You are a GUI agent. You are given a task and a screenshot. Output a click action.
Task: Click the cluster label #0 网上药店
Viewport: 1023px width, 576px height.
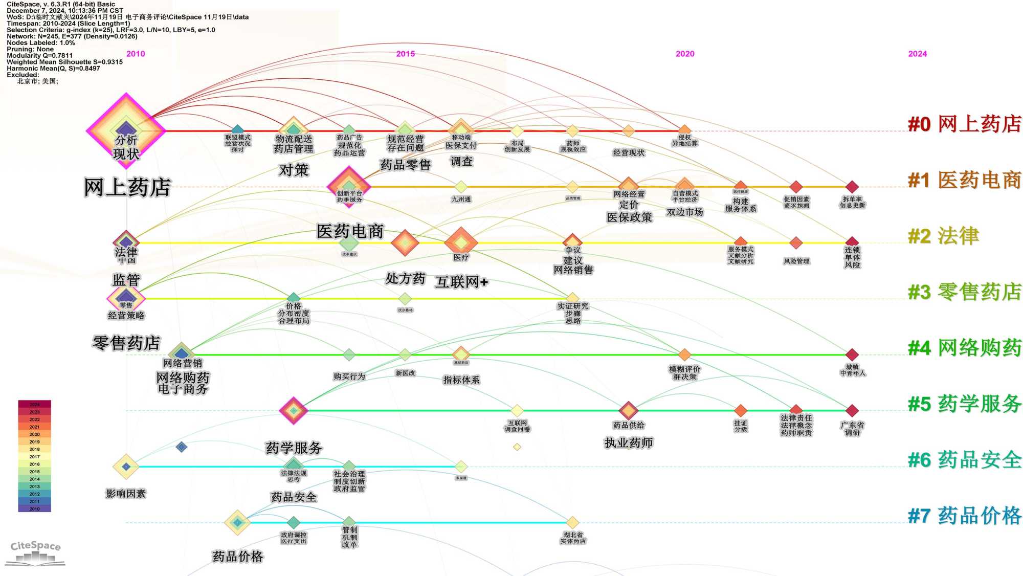pyautogui.click(x=964, y=124)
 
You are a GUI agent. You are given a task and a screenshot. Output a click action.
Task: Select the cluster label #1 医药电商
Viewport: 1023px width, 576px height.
pyautogui.click(x=964, y=181)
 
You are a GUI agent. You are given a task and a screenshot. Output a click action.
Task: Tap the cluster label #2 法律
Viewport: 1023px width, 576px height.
pyautogui.click(x=943, y=236)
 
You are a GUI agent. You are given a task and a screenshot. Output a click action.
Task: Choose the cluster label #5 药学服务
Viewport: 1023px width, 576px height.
pyautogui.click(x=964, y=404)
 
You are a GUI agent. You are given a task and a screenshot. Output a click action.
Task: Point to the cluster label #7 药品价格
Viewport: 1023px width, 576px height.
pyautogui.click(x=964, y=516)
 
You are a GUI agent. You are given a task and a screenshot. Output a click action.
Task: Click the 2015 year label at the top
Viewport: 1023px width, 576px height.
pyautogui.click(x=406, y=54)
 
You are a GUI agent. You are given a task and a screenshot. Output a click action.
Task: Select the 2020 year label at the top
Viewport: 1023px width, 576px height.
pyautogui.click(x=685, y=54)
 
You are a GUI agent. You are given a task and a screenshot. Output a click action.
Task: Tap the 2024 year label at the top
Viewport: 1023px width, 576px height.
pyautogui.click(x=917, y=54)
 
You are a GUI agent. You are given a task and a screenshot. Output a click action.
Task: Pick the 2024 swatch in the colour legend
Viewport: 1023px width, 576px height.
pyautogui.click(x=34, y=404)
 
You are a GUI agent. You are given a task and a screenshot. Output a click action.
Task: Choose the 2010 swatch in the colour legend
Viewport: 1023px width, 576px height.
pyautogui.click(x=34, y=508)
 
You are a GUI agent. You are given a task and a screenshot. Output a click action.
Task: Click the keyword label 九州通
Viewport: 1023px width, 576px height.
pyautogui.click(x=461, y=200)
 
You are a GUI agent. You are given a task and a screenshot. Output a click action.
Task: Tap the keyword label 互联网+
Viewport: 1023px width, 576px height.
pyautogui.click(x=461, y=282)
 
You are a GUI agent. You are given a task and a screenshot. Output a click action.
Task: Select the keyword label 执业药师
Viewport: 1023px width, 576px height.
pyautogui.click(x=629, y=442)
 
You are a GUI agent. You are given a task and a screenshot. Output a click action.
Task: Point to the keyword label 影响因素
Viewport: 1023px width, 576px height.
pyautogui.click(x=126, y=494)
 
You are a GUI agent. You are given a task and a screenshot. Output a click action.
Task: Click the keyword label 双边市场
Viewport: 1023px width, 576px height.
pyautogui.click(x=684, y=212)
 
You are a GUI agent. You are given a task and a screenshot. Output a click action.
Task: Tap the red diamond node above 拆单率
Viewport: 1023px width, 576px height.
pyautogui.click(x=852, y=187)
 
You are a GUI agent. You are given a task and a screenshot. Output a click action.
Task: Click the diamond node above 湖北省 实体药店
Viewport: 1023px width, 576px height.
pyautogui.click(x=572, y=522)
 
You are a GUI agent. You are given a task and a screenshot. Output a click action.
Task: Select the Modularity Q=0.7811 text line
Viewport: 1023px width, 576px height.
pyautogui.click(x=40, y=55)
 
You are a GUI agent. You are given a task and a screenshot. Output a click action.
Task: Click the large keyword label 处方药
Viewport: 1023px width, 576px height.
pyautogui.click(x=405, y=279)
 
